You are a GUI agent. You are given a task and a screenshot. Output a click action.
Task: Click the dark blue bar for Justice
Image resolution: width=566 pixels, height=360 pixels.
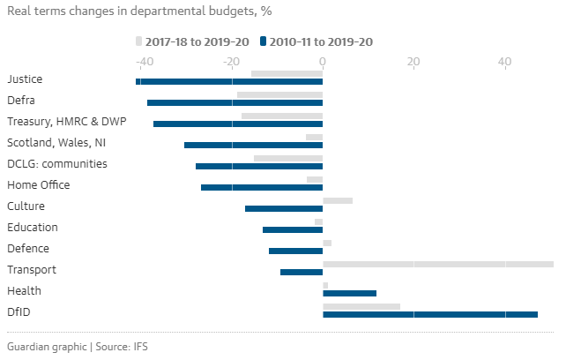coord(229,81)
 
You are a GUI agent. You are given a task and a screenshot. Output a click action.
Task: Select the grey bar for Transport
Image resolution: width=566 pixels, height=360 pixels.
coord(437,264)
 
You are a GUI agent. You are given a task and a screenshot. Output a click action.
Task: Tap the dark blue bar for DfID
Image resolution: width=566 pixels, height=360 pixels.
coord(429,314)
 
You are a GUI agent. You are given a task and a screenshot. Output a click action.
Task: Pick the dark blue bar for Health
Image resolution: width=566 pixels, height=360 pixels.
coord(349,293)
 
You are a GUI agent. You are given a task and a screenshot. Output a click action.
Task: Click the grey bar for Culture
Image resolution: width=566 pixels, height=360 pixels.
coord(338,200)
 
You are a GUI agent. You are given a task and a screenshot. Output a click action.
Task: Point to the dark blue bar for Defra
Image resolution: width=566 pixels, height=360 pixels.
coord(235,102)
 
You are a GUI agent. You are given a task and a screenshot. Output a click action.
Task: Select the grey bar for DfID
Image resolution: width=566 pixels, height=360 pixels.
coord(361,306)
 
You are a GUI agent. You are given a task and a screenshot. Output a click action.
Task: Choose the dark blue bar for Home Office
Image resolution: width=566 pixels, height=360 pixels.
coord(262,187)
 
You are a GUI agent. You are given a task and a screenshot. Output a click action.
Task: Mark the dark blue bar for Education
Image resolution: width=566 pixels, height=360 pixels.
coord(293,229)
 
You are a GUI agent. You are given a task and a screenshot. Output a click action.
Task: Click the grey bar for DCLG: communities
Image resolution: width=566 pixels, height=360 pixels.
coord(288,158)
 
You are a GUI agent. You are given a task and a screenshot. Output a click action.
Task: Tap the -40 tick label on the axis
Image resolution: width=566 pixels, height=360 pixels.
coord(140,62)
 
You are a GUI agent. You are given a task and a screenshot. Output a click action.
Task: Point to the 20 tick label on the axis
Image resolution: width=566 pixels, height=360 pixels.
coord(413,62)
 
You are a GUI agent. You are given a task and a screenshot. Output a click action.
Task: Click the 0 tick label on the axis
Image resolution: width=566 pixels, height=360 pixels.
coord(323,62)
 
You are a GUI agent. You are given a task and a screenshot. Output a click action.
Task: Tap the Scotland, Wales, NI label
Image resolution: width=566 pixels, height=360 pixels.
coord(56,143)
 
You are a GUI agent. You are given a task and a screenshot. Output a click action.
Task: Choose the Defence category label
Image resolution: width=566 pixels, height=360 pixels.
coord(28,249)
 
